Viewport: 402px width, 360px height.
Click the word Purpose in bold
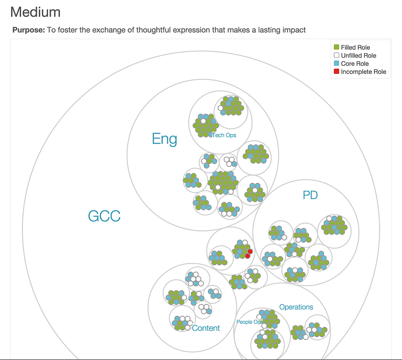[x=28, y=30]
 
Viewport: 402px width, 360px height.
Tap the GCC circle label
[x=104, y=216]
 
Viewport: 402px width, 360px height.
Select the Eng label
[x=164, y=139]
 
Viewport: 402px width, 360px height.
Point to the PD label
[x=310, y=195]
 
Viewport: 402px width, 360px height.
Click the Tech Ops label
[x=224, y=135]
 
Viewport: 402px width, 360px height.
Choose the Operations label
[x=296, y=307]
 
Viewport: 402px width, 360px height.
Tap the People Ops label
[x=250, y=322]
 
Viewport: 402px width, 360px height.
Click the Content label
[x=206, y=328]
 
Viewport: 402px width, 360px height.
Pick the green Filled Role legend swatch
[x=337, y=48]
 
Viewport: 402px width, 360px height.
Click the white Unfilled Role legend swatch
[x=337, y=56]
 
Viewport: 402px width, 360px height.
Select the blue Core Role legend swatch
[x=337, y=64]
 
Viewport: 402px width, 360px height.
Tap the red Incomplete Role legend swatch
[x=337, y=72]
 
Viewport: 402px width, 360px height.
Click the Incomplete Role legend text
[x=363, y=72]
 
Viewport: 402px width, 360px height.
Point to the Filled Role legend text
[x=355, y=48]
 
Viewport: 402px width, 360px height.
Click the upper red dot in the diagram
[x=250, y=251]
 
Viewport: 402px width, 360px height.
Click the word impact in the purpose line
[x=293, y=30]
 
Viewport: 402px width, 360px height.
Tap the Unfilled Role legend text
[x=358, y=56]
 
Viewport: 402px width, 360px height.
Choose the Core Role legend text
[x=355, y=64]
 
